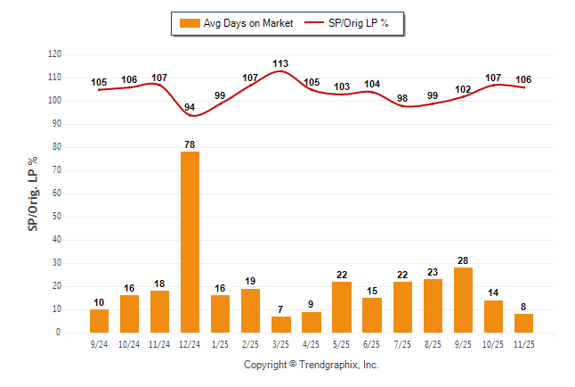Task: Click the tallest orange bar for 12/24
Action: pyautogui.click(x=190, y=242)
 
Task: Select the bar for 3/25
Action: pyautogui.click(x=280, y=325)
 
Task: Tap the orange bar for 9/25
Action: pyautogui.click(x=463, y=300)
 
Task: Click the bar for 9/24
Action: pyautogui.click(x=99, y=321)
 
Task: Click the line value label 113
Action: pyautogui.click(x=280, y=63)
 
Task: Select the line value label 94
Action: pyautogui.click(x=190, y=107)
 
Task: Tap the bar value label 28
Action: pyautogui.click(x=463, y=259)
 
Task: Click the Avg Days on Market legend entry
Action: pyautogui.click(x=236, y=23)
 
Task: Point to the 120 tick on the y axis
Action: pyautogui.click(x=54, y=54)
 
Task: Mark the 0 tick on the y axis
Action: pyautogui.click(x=59, y=333)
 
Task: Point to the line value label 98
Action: pyautogui.click(x=402, y=98)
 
